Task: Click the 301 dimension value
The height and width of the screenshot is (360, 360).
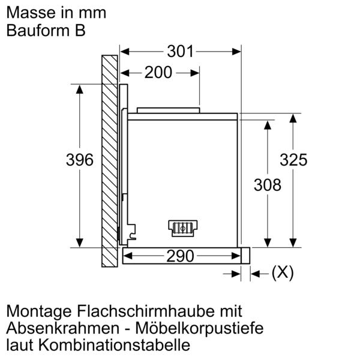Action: [180, 51]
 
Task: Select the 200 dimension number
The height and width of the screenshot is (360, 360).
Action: [158, 73]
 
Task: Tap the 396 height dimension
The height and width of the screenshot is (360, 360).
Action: [80, 160]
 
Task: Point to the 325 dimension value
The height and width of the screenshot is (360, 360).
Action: [293, 160]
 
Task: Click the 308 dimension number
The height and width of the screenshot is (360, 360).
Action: [268, 185]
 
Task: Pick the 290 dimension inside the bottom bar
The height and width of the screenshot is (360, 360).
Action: [180, 256]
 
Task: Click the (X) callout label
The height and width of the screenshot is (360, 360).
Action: [283, 273]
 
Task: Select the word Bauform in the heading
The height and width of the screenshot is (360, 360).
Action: [38, 31]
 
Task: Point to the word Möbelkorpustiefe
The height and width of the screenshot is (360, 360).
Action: [199, 328]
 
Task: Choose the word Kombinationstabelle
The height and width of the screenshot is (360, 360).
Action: [114, 344]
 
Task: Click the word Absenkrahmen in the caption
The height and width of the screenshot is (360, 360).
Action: [63, 328]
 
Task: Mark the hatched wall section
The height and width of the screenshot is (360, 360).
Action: [110, 161]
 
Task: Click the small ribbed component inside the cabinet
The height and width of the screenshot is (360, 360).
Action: [183, 229]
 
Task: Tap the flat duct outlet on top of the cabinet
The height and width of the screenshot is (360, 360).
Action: [168, 110]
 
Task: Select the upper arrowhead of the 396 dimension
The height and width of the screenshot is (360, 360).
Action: [80, 89]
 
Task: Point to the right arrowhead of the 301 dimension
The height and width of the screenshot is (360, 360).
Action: [236, 52]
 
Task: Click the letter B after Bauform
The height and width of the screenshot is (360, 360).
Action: [80, 31]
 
